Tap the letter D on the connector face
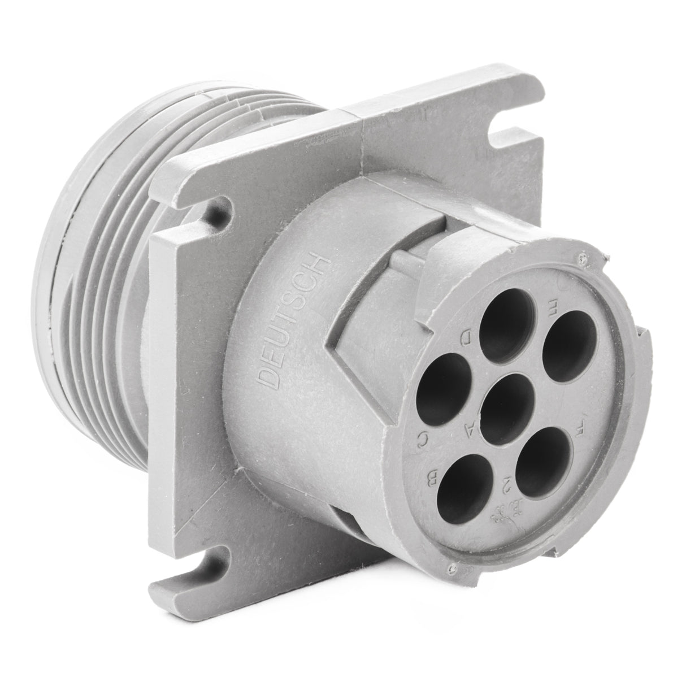467,339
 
